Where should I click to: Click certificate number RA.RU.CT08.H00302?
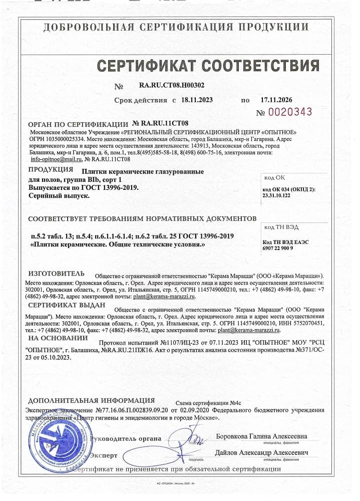(171, 85)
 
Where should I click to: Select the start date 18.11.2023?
(197, 100)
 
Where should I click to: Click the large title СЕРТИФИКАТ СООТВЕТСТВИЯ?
(208, 65)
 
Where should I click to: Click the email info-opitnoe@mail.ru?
(56, 159)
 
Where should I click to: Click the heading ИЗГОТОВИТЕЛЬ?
(57, 274)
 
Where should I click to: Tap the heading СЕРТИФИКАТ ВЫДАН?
(67, 305)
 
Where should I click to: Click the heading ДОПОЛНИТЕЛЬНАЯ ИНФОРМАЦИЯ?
(91, 401)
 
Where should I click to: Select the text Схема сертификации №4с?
(209, 403)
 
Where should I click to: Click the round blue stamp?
(55, 440)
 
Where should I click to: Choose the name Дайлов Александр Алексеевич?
(261, 453)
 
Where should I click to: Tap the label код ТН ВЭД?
(281, 227)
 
